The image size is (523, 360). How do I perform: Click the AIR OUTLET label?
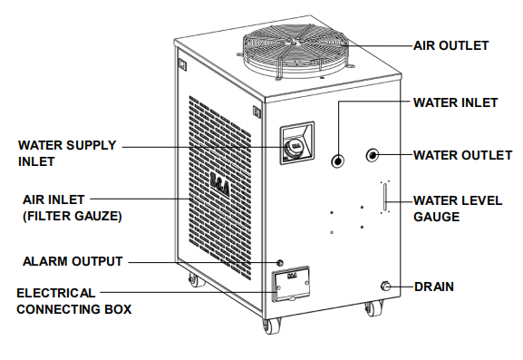(x=450, y=45)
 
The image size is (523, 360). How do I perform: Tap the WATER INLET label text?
(x=455, y=102)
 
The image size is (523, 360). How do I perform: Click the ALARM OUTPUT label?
(x=73, y=262)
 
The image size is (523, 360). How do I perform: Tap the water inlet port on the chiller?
(x=337, y=161)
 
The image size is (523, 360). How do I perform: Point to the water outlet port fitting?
(x=373, y=155)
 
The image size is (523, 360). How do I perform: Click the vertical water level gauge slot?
(x=384, y=197)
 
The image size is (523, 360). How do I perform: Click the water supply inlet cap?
(x=295, y=146)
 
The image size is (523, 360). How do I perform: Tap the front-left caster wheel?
(x=269, y=326)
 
